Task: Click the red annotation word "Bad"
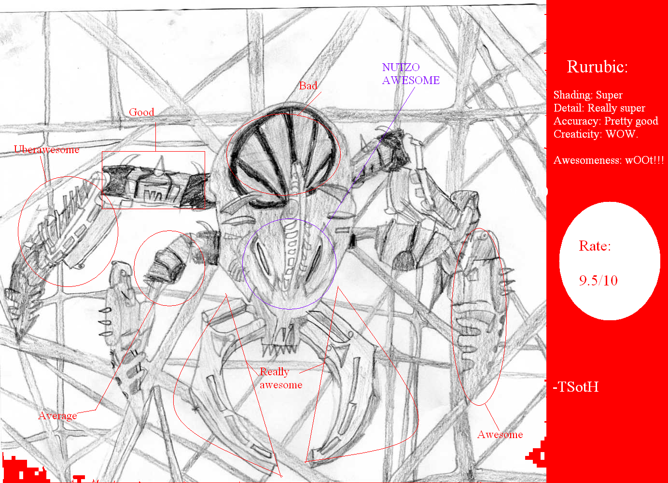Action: coord(308,85)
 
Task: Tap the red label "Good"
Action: coord(141,112)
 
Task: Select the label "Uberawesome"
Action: coord(46,149)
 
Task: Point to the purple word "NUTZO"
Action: coord(401,67)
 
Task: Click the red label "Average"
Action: coord(57,416)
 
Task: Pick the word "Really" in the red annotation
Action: coord(274,372)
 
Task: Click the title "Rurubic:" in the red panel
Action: coord(597,66)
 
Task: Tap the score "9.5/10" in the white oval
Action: coord(598,280)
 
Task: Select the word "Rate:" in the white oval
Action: coord(595,246)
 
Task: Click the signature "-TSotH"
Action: coord(575,387)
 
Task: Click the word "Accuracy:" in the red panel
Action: coord(577,121)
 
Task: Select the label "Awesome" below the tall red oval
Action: coord(500,434)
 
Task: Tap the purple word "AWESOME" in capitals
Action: coord(411,80)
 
